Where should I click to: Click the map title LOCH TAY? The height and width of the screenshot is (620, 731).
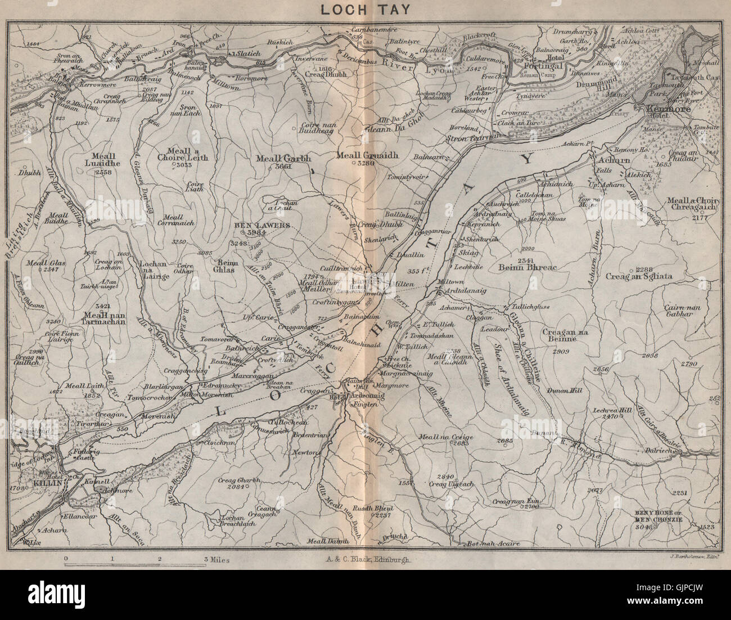tap(365, 10)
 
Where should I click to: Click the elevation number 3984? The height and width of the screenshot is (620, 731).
tap(268, 234)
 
